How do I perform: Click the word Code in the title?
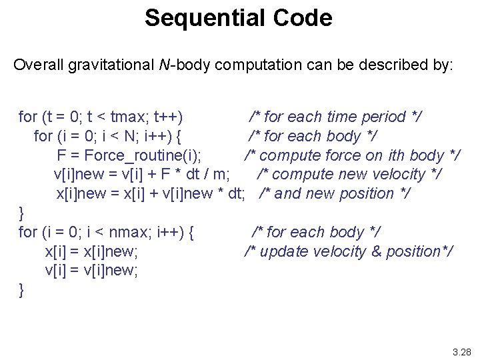point(302,18)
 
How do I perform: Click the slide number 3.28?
point(461,351)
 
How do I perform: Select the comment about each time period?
point(335,117)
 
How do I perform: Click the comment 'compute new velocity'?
point(350,175)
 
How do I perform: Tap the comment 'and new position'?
point(335,194)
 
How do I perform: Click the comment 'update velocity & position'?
point(349,252)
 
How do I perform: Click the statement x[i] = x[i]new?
point(91,252)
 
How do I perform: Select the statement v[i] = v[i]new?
point(91,271)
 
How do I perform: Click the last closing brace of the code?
point(22,290)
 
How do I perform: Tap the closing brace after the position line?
point(22,213)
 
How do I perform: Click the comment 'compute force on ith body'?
point(351,155)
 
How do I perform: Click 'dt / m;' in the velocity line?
point(211,175)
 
